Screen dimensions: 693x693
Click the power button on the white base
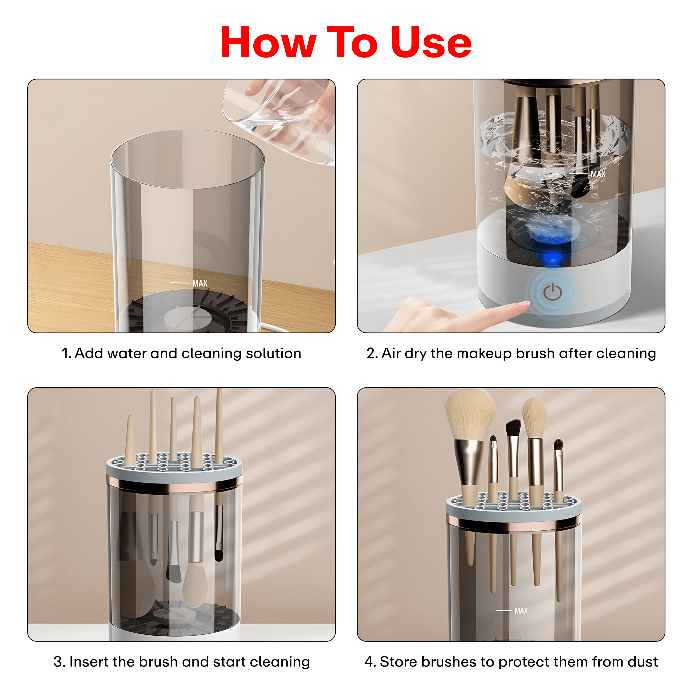552,292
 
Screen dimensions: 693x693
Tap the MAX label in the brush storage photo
521,611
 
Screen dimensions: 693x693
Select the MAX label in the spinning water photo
598,174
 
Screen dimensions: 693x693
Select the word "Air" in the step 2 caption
391,353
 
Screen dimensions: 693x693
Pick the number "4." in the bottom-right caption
370,662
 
